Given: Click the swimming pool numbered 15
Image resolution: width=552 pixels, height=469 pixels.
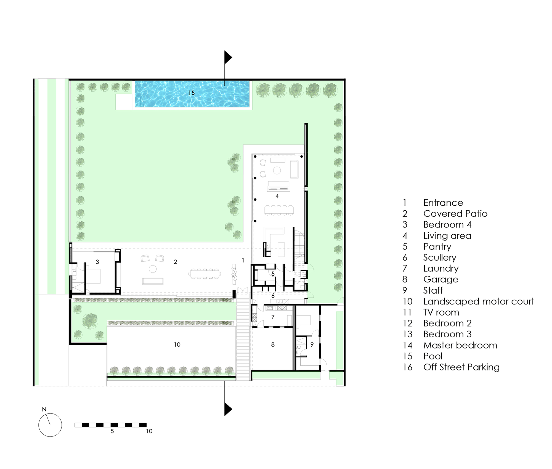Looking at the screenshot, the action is tap(192, 94).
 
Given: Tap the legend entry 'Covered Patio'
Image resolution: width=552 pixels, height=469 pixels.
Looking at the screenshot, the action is tap(455, 214).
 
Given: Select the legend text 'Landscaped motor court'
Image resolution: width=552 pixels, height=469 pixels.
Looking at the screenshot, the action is tap(479, 301).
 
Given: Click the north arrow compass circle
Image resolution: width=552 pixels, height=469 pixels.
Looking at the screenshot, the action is tap(50, 425).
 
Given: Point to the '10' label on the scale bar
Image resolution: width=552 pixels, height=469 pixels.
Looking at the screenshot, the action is tap(149, 431).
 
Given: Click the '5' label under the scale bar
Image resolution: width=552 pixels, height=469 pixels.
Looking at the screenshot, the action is tap(112, 431).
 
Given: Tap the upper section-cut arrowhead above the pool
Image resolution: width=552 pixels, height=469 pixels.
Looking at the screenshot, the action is tap(228, 57).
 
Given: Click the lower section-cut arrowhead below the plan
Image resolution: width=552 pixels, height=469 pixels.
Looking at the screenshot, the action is tap(228, 409).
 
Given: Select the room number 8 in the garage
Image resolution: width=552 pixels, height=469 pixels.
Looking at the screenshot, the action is tap(273, 345).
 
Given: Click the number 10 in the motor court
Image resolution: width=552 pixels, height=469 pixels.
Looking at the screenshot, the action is tap(177, 345).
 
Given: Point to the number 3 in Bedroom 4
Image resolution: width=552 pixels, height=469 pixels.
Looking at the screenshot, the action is tap(97, 262).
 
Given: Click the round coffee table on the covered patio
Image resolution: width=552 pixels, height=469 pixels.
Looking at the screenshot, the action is tap(153, 269).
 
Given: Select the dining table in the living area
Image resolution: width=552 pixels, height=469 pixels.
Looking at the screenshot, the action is tap(279, 210).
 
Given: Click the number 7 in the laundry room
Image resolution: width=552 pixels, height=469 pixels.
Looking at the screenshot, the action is tap(273, 317).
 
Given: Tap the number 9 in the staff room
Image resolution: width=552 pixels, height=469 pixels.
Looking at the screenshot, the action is tap(312, 345).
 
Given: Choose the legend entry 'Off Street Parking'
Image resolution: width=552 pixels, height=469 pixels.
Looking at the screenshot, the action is tap(461, 367).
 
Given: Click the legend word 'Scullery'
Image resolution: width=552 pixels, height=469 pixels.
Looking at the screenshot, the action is tap(440, 258).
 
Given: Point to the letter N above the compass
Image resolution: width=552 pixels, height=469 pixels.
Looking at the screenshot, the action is tap(44, 409).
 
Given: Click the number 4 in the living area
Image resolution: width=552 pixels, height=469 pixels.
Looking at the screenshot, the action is tap(277, 196).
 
